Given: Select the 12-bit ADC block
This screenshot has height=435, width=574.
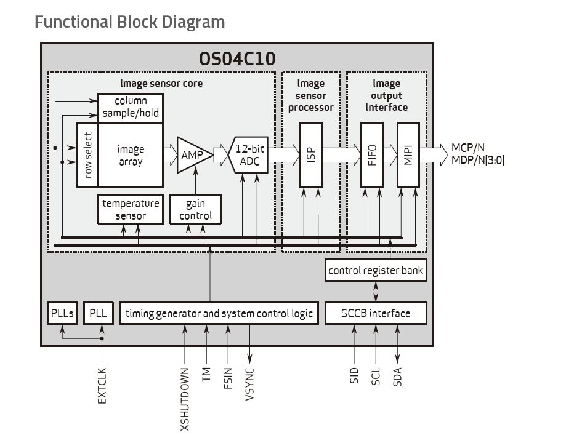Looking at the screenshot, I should click(249, 154).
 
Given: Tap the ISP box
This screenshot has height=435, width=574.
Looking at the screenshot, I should click(311, 154).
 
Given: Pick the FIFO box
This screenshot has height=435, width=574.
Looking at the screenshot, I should click(371, 154).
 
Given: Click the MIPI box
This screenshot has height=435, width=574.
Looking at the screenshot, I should click(408, 154).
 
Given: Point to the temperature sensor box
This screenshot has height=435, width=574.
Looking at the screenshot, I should click(131, 209).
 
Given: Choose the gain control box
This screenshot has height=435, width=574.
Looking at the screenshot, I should click(195, 209).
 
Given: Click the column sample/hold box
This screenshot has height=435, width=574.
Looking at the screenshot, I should click(131, 106).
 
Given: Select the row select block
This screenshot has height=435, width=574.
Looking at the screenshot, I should click(87, 155).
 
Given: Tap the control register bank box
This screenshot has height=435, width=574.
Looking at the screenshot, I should click(376, 270).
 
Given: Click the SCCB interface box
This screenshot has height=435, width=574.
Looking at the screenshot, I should click(376, 313).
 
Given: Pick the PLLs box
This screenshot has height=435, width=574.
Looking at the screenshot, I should click(62, 313).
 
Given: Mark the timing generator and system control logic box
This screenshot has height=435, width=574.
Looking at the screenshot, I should click(219, 313).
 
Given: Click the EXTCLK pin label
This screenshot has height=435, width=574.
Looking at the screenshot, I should click(102, 385).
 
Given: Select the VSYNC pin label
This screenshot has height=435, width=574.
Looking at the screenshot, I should click(249, 385).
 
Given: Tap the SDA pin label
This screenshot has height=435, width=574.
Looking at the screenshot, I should click(397, 377).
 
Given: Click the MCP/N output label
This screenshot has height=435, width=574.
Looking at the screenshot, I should click(467, 147).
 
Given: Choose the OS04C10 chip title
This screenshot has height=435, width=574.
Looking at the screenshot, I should click(237, 58).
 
